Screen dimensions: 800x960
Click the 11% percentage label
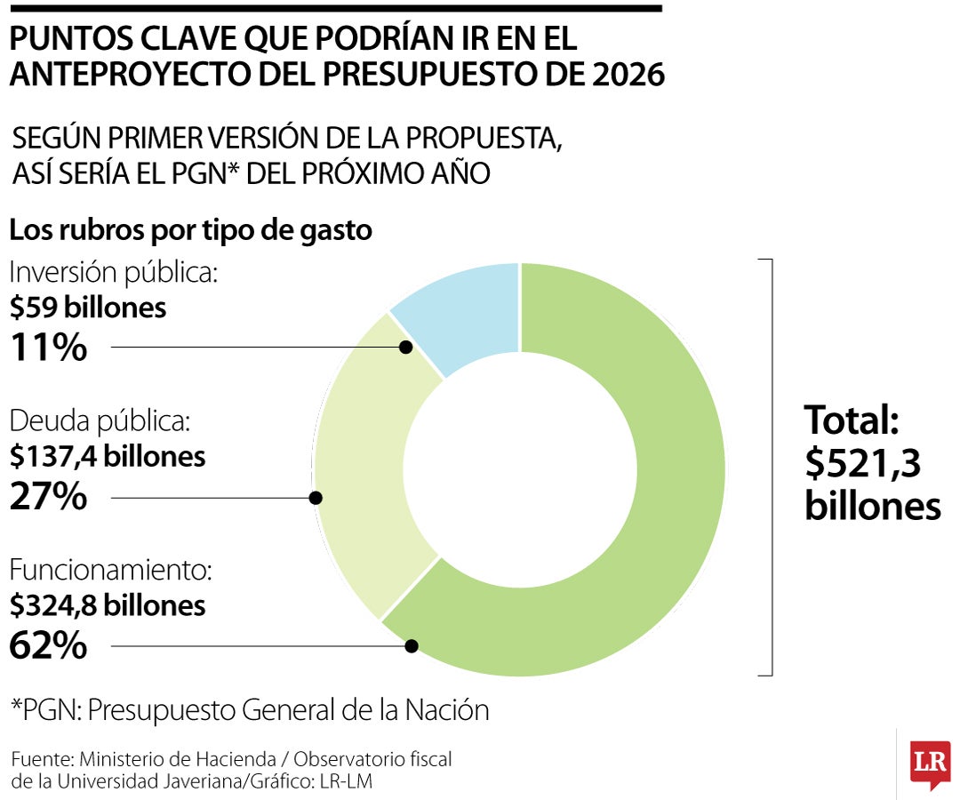point(48,348)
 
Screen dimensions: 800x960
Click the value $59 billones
point(88,308)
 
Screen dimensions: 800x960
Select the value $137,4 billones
point(108,456)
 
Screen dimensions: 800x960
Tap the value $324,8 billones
point(108,605)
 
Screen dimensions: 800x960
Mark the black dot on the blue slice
point(405,348)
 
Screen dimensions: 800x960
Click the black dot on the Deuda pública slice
point(315,498)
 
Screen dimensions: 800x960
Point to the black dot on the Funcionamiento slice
point(411,646)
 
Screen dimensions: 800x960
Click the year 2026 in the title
point(628,76)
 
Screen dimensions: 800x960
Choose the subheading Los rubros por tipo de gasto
point(190,229)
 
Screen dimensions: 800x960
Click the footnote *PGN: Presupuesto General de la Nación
point(250,710)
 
